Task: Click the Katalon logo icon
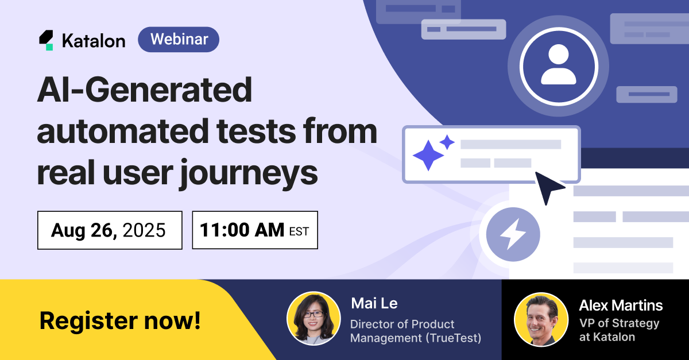click(46, 40)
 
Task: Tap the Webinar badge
click(179, 40)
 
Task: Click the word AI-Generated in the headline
click(145, 90)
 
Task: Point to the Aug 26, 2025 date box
click(110, 230)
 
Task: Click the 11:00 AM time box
click(255, 230)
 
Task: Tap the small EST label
click(299, 231)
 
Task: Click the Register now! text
click(120, 320)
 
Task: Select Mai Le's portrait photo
click(313, 319)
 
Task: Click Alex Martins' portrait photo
click(541, 319)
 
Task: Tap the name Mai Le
click(374, 303)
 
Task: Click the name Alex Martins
click(621, 305)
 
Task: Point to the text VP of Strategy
click(619, 323)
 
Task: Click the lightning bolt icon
click(513, 234)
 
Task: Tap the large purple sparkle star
click(428, 156)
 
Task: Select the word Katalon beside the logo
click(94, 40)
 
